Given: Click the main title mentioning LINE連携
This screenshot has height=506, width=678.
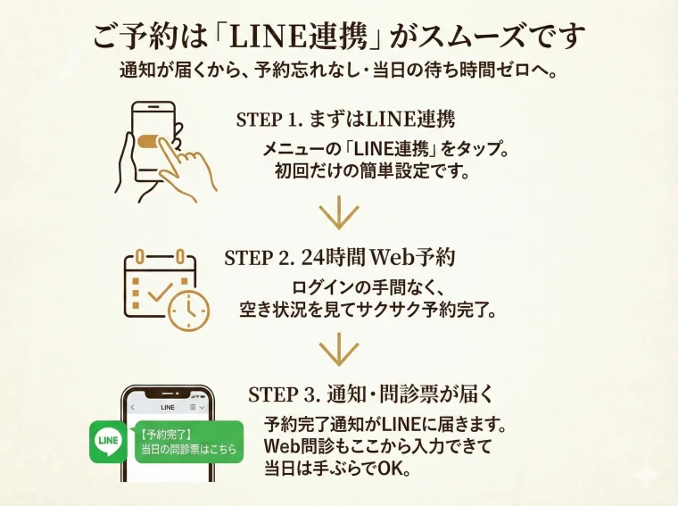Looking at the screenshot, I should (x=339, y=37).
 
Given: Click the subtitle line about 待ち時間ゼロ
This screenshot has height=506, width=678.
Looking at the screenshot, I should (x=339, y=71).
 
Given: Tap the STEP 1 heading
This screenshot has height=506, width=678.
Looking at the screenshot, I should (x=352, y=120).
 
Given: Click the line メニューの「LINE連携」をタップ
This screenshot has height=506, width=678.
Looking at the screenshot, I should (x=385, y=149).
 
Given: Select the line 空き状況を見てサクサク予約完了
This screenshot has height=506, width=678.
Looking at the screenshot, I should (x=368, y=311).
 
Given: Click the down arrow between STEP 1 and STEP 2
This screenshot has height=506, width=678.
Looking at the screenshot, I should (x=338, y=215).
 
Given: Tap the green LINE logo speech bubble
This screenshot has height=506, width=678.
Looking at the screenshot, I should (x=110, y=442).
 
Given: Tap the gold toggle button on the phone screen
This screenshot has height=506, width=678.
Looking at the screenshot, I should (x=149, y=141).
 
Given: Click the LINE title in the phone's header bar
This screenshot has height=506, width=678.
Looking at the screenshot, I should (x=167, y=407).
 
